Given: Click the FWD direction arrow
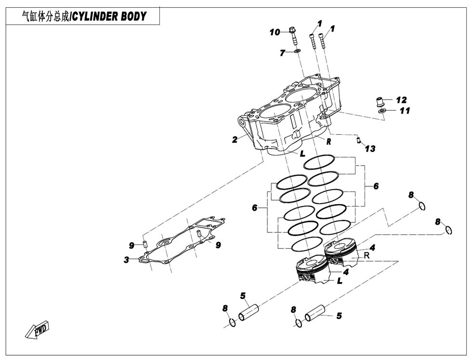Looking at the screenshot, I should (x=37, y=331).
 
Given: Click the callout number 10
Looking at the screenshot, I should (x=275, y=32).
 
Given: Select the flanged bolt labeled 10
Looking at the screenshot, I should (x=293, y=36).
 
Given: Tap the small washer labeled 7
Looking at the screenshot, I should (x=297, y=51).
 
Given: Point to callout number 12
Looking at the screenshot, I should (x=401, y=100).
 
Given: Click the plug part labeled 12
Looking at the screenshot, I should (x=380, y=102).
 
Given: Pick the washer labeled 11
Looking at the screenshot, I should (x=382, y=112).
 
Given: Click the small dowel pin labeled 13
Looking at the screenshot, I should (x=359, y=141).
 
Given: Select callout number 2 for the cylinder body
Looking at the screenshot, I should (x=235, y=140).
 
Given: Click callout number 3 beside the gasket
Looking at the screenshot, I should (x=126, y=260).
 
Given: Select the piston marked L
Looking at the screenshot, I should (x=311, y=272).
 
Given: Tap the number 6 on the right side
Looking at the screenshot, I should (x=376, y=186).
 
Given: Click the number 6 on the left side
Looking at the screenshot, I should (x=254, y=208).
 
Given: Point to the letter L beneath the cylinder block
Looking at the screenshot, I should (x=302, y=154).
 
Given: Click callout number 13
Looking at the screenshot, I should (x=370, y=149).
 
